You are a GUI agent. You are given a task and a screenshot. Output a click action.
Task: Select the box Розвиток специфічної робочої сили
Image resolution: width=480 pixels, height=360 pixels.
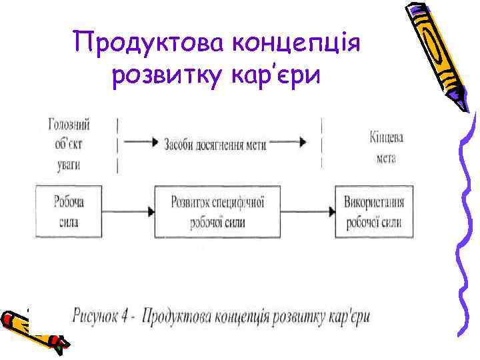tap(217, 211)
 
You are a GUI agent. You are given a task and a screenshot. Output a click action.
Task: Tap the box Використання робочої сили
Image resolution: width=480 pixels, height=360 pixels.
tap(373, 211)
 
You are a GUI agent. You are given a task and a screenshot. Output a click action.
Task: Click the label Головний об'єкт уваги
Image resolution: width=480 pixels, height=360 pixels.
tap(69, 144)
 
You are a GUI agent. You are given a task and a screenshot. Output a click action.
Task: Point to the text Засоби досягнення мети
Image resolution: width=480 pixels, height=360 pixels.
tap(215, 144)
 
